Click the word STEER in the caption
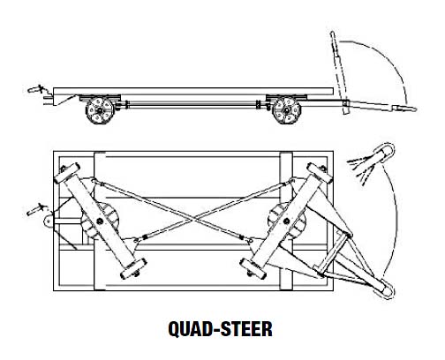(246, 328)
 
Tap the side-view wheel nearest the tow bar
(286, 111)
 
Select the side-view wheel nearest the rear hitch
(101, 111)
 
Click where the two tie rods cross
(192, 217)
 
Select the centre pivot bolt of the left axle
(100, 221)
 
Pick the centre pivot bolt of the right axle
(286, 221)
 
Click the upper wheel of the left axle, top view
(67, 173)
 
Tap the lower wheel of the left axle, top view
(133, 268)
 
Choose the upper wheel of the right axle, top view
(320, 173)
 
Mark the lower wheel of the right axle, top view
(253, 268)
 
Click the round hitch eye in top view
(49, 221)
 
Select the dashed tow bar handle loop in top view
(385, 152)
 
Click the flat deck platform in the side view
(193, 91)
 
